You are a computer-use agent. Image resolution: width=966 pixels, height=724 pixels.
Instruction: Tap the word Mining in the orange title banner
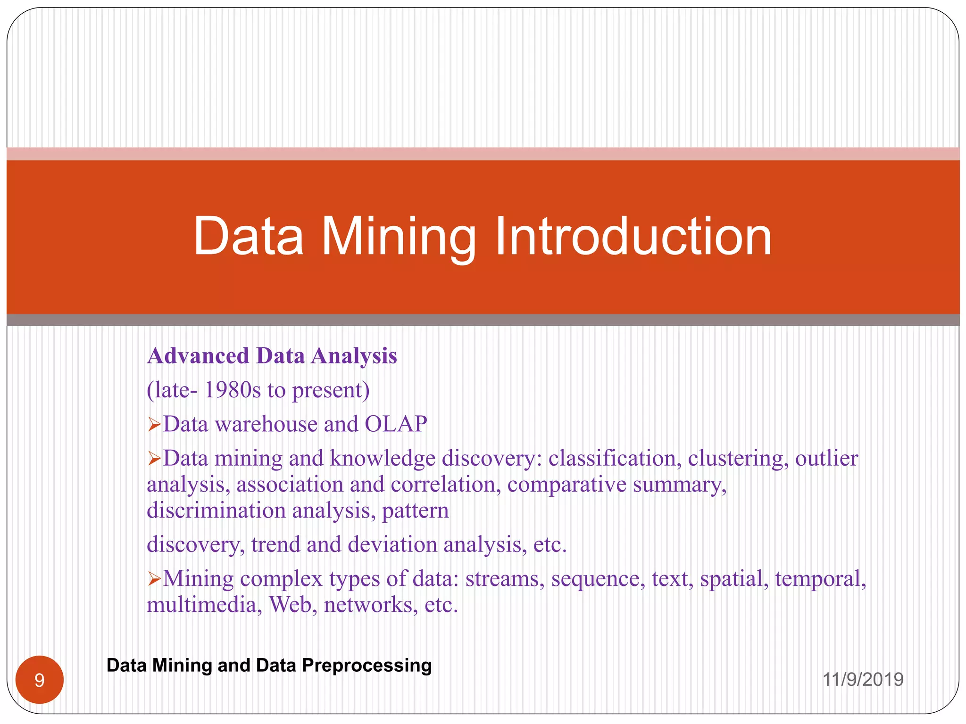click(x=399, y=237)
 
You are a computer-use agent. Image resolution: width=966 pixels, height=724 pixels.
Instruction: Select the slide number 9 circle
click(x=40, y=680)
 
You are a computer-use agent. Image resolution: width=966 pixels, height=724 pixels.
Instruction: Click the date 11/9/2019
click(x=863, y=680)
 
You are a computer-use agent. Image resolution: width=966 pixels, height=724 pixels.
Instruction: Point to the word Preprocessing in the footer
click(x=366, y=666)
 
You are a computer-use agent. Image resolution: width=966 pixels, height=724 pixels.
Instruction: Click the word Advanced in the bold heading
click(x=198, y=356)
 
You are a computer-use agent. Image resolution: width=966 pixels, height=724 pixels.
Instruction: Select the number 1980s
click(x=232, y=390)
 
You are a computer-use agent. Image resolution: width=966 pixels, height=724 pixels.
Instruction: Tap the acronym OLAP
click(x=396, y=424)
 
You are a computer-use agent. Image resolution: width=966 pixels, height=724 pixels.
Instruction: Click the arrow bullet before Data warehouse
click(x=154, y=425)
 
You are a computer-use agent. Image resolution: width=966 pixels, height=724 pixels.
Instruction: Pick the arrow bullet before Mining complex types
click(x=154, y=579)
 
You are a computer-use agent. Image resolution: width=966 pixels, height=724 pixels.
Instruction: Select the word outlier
click(x=826, y=459)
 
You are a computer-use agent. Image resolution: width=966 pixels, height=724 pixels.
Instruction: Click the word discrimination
click(x=217, y=511)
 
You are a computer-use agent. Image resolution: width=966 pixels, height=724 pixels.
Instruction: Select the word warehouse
click(x=266, y=424)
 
